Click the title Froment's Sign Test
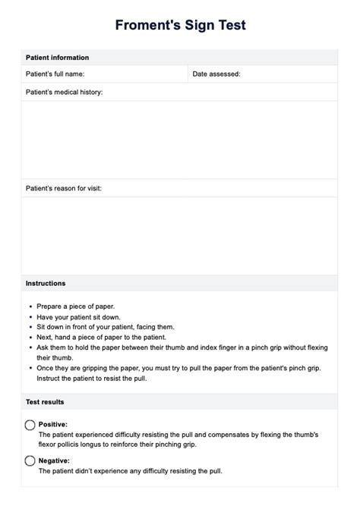(x=180, y=26)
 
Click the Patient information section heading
(x=57, y=58)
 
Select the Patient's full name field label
(x=55, y=74)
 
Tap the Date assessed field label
(x=216, y=74)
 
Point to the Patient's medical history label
(x=64, y=93)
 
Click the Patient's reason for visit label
(x=64, y=187)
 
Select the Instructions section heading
(x=46, y=283)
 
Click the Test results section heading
(x=45, y=401)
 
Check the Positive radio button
(x=30, y=425)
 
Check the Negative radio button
(x=30, y=460)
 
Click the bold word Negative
(x=54, y=460)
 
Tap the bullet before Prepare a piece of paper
(x=29, y=307)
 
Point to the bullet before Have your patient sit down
(x=29, y=317)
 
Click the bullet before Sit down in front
(x=29, y=327)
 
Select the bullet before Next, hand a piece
(x=29, y=337)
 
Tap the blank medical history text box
(x=180, y=140)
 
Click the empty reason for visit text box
(x=180, y=234)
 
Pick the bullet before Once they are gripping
(x=29, y=367)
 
